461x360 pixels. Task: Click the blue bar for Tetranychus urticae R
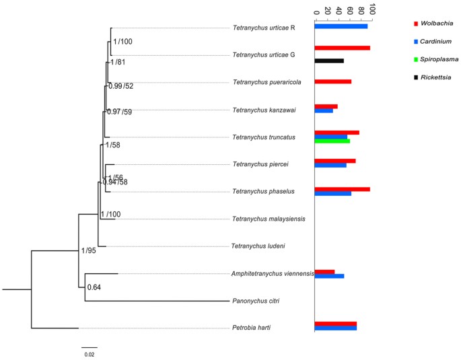pyautogui.click(x=341, y=26)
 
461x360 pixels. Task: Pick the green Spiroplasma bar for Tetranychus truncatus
pyautogui.click(x=332, y=141)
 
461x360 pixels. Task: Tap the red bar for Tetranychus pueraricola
pyautogui.click(x=333, y=81)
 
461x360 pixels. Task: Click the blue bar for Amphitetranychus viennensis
pyautogui.click(x=329, y=276)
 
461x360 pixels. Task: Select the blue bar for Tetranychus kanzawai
pyautogui.click(x=324, y=111)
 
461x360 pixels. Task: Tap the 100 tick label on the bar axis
pyautogui.click(x=371, y=9)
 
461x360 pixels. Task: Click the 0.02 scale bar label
pyautogui.click(x=89, y=354)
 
